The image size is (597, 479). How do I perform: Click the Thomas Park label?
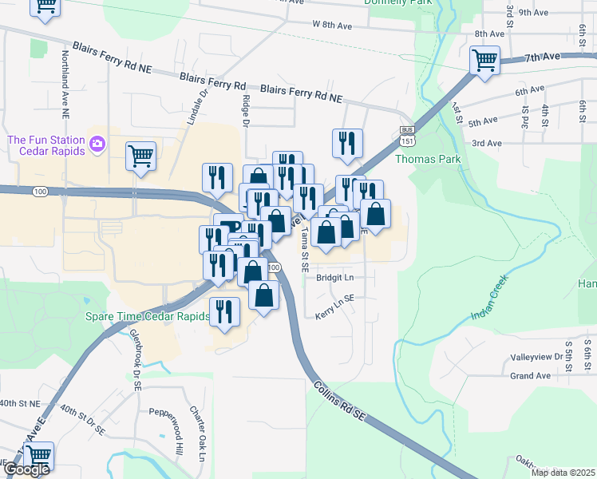(x=428, y=159)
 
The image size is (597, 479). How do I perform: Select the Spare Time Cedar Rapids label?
(x=147, y=315)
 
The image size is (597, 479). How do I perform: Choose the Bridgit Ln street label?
(x=334, y=278)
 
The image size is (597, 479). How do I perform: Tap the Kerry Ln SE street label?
(x=334, y=303)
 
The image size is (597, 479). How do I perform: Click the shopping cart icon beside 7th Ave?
(x=484, y=60)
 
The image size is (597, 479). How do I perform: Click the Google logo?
(x=26, y=469)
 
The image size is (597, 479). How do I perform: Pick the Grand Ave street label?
(x=531, y=375)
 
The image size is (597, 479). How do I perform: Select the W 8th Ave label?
(x=332, y=26)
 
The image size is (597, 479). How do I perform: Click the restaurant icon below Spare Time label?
(x=224, y=311)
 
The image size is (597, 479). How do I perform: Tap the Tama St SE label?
(x=304, y=249)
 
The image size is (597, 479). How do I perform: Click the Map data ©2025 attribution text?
(x=563, y=473)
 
